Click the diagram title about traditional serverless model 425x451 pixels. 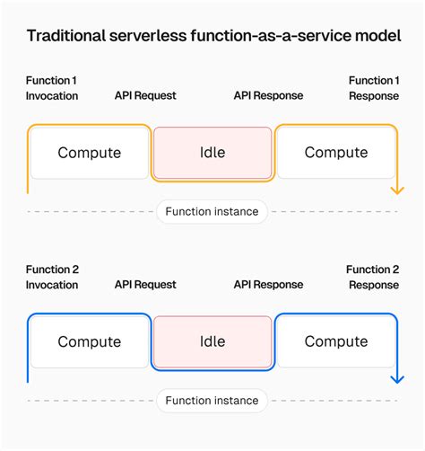pyautogui.click(x=212, y=37)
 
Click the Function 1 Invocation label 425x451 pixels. pyautogui.click(x=52, y=88)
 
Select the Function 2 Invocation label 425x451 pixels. pyautogui.click(x=52, y=277)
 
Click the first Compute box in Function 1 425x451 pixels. pyautogui.click(x=89, y=153)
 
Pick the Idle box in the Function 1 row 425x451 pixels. pyautogui.click(x=212, y=153)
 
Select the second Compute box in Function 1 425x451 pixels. pyautogui.click(x=335, y=153)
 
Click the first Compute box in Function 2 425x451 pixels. pyautogui.click(x=89, y=341)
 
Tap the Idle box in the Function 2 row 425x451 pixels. pyautogui.click(x=212, y=341)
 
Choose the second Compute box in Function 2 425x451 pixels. pyautogui.click(x=335, y=341)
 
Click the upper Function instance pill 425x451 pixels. pyautogui.click(x=212, y=212)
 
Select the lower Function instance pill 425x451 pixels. pyautogui.click(x=212, y=401)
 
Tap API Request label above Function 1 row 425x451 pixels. pyautogui.click(x=145, y=95)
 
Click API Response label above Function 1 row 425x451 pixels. pyautogui.click(x=268, y=95)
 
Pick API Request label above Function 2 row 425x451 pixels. pyautogui.click(x=145, y=284)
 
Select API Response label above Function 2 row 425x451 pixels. pyautogui.click(x=268, y=284)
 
